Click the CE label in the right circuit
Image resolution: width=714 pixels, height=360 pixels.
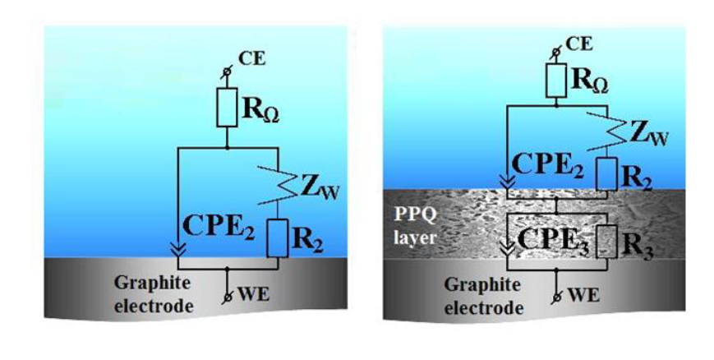(x=579, y=43)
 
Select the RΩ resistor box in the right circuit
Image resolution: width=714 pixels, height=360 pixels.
(x=557, y=80)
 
